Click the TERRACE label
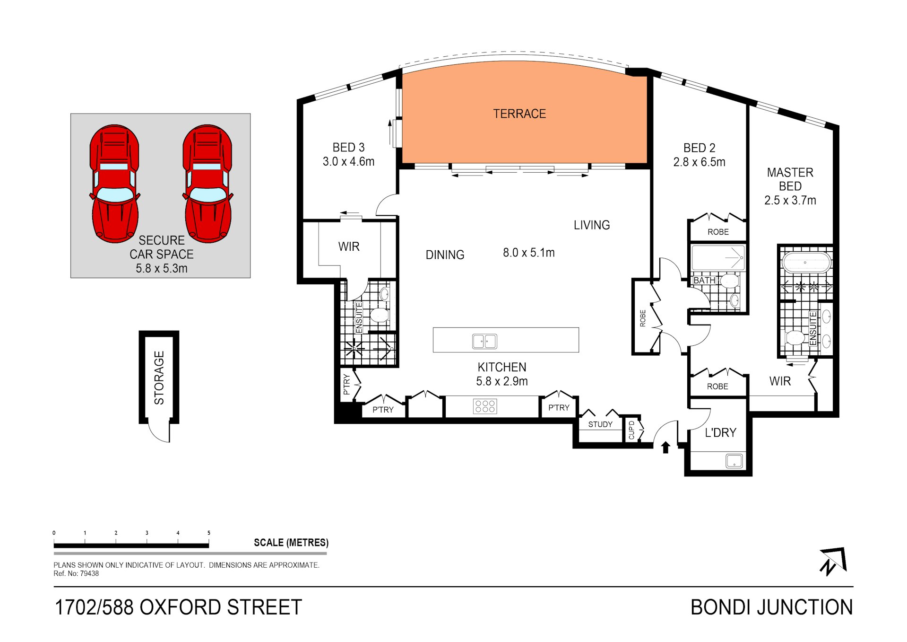(519, 114)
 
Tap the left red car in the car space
(114, 184)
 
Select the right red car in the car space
(207, 184)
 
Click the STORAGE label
(159, 378)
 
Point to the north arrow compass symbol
(833, 562)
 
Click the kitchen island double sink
(484, 341)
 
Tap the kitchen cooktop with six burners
(485, 406)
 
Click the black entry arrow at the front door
(665, 447)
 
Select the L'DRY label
(720, 432)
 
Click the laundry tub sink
(734, 461)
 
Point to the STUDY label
(600, 424)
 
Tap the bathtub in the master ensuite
(806, 262)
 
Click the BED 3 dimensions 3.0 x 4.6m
(348, 162)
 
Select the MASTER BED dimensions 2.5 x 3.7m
(790, 201)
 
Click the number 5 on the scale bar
(209, 533)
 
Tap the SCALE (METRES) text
(291, 543)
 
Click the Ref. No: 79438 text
(76, 573)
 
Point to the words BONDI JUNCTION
(772, 607)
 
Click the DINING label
(445, 255)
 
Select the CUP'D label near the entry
(631, 430)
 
